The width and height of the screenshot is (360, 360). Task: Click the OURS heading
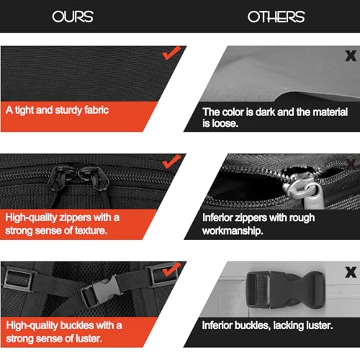tap(73, 17)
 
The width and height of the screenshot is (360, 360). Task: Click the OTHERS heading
tap(276, 17)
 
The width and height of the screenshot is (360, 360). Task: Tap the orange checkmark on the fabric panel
tap(171, 53)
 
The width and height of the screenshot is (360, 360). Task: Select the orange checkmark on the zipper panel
tap(171, 161)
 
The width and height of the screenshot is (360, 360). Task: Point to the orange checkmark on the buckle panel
tap(171, 269)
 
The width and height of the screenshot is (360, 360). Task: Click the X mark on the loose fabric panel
tap(351, 56)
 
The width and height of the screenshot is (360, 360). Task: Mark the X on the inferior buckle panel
tap(351, 272)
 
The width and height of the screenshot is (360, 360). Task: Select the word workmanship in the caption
tap(233, 231)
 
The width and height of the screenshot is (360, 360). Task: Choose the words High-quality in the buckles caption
tap(32, 325)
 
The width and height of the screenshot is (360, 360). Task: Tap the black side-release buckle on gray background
tap(285, 290)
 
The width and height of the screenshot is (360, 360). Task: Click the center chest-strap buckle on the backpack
tap(101, 291)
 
